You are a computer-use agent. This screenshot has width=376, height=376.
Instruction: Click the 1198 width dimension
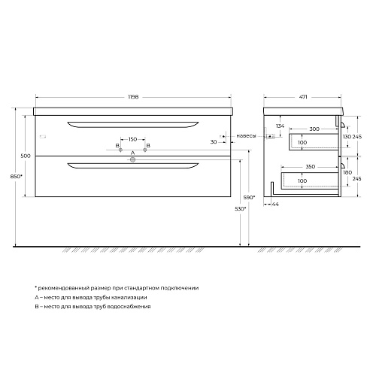coord(133,97)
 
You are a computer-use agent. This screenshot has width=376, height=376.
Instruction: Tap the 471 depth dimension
coord(303,97)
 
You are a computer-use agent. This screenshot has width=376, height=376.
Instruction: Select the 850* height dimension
coord(17,176)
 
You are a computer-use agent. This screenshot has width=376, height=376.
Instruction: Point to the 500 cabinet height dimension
coord(26,156)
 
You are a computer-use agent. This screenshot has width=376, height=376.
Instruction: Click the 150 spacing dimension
coord(132,139)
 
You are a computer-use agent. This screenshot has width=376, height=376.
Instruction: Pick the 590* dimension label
coord(249,198)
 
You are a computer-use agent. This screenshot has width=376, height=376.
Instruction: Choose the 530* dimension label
coord(240,208)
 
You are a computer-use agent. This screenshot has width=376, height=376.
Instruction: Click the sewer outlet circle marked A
coord(132,159)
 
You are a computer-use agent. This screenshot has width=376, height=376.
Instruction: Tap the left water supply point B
coord(120,150)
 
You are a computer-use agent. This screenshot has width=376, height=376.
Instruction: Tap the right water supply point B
coord(144,150)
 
